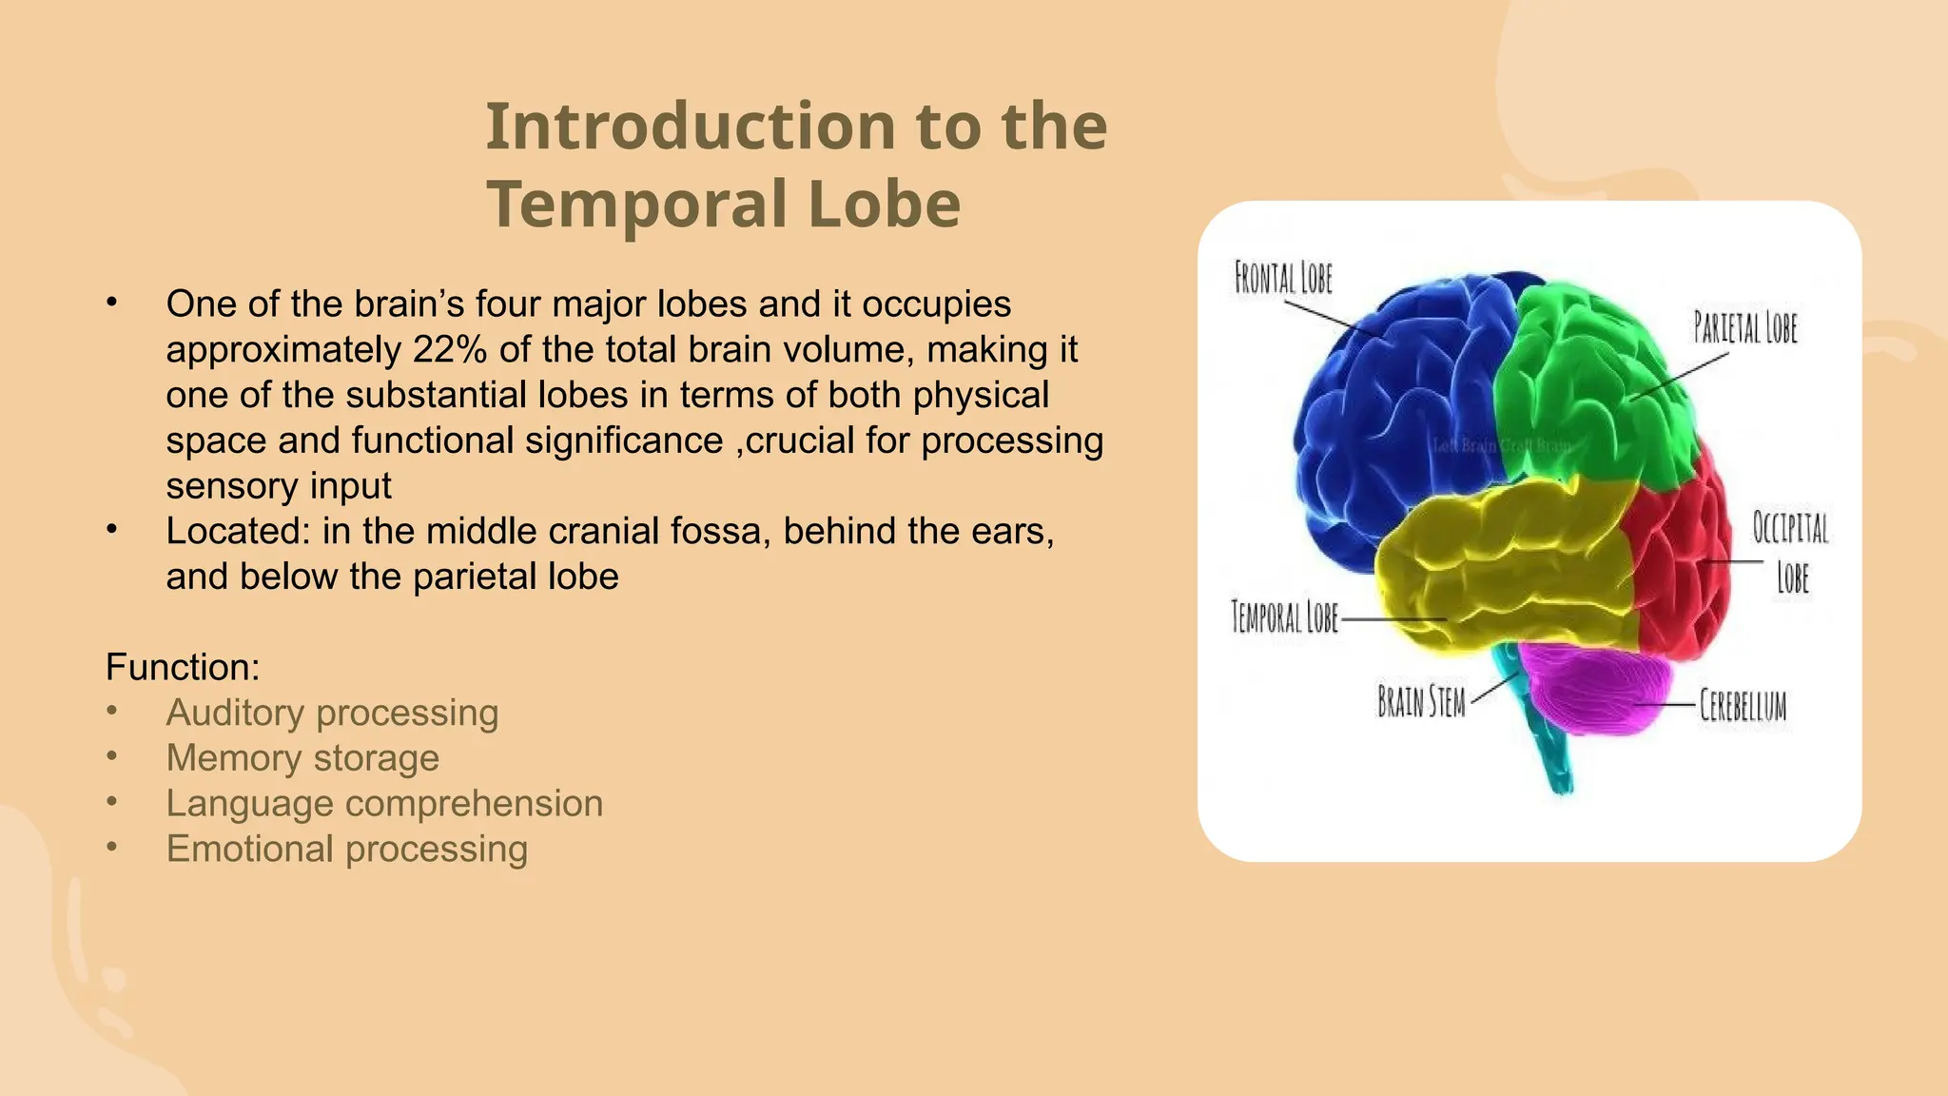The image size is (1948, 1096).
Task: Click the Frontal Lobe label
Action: [x=1283, y=279]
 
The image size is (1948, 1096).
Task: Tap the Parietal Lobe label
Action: [x=1745, y=327]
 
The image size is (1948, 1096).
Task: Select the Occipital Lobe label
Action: [x=1791, y=552]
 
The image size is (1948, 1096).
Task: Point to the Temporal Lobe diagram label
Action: [x=1284, y=616]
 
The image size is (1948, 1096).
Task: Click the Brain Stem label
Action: [x=1421, y=702]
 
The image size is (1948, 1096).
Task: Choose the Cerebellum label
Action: [x=1743, y=706]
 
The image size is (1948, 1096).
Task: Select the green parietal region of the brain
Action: [x=1588, y=381]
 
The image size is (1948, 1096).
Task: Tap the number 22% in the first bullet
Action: [x=449, y=349]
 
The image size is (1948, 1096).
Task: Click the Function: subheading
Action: [x=183, y=667]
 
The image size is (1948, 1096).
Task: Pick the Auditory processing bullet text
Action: [x=332, y=713]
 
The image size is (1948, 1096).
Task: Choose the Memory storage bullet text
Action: [x=302, y=758]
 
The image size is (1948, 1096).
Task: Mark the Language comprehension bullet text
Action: [x=384, y=804]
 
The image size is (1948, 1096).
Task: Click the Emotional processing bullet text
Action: [x=346, y=849]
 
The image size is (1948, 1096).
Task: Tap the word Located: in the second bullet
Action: [x=238, y=531]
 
